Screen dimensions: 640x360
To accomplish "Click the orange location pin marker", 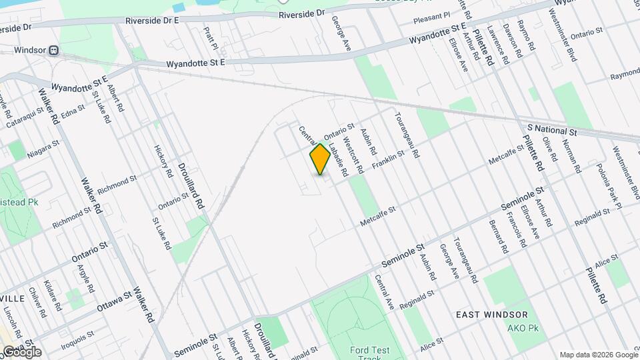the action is coord(321,159).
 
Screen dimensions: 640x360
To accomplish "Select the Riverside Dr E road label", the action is coord(153,21).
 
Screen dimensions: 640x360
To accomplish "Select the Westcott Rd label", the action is coord(353,155).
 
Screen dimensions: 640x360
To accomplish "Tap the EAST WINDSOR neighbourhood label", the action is coord(492,314).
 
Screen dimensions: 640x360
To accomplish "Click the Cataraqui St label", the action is coord(23,119).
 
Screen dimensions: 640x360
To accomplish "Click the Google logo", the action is coord(22,351).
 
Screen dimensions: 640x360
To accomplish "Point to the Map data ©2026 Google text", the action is coord(598,354).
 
